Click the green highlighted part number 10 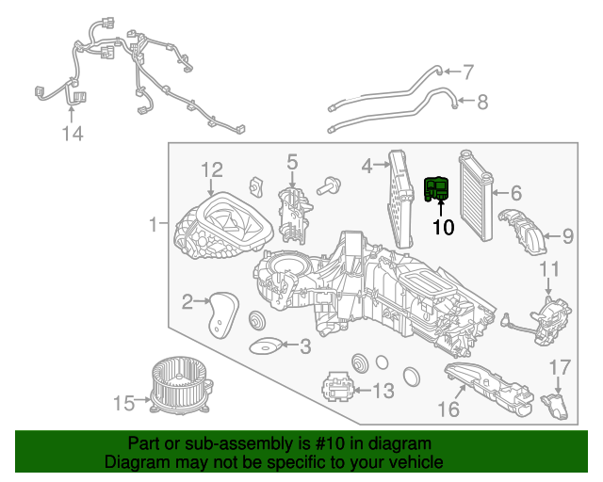click(437, 189)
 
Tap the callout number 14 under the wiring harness click(73, 135)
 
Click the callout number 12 click(211, 169)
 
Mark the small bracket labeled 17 click(559, 406)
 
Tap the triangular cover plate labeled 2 click(222, 312)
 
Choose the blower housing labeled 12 click(222, 226)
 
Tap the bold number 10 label click(443, 227)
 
